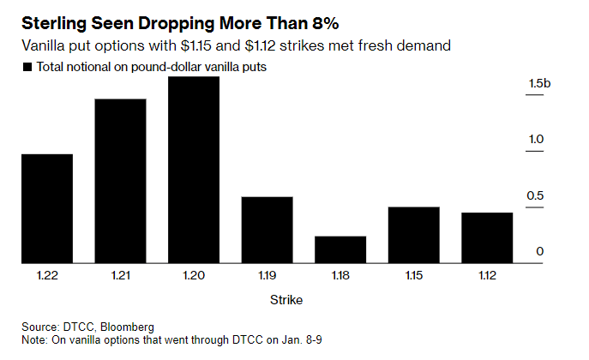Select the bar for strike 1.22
pyautogui.click(x=46, y=208)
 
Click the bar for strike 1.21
pyautogui.click(x=120, y=181)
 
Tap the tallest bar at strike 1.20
pyautogui.click(x=194, y=170)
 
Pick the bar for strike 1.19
pyautogui.click(x=267, y=230)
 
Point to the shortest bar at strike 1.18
pyautogui.click(x=340, y=249)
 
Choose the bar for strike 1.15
pyautogui.click(x=414, y=235)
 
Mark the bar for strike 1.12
pyautogui.click(x=487, y=237)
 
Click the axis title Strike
pyautogui.click(x=286, y=300)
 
